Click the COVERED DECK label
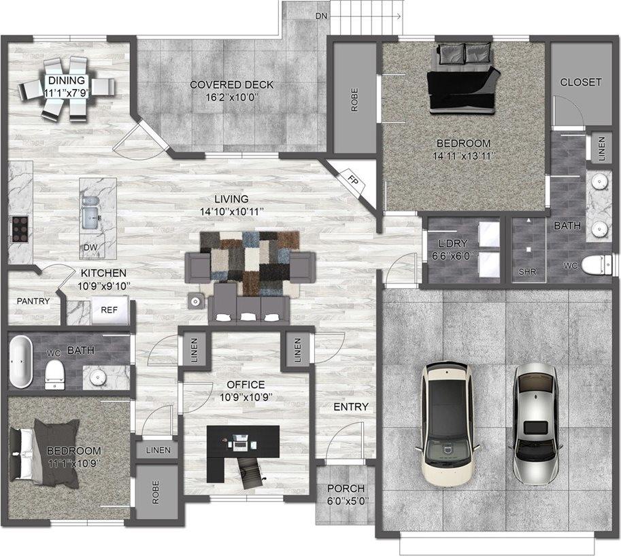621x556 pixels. (x=231, y=85)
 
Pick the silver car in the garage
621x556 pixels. (x=537, y=421)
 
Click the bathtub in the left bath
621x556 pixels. (x=21, y=361)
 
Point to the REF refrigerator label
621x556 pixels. (x=110, y=309)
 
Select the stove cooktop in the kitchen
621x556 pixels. (x=18, y=229)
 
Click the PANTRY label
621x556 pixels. (x=33, y=300)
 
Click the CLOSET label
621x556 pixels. (x=580, y=82)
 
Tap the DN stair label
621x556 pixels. (x=321, y=16)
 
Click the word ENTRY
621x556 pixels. (x=350, y=407)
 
